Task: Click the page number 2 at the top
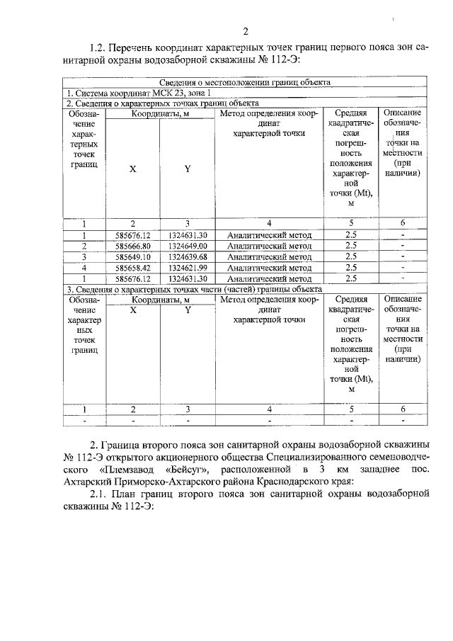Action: [245, 30]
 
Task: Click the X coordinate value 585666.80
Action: [132, 246]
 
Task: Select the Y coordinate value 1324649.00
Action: [188, 246]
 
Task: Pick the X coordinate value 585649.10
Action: [132, 256]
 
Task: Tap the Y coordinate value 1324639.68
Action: [188, 256]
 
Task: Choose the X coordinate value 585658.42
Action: [132, 268]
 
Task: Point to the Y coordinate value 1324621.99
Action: [188, 268]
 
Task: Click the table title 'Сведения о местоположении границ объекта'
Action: [244, 82]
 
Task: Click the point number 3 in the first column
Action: [84, 256]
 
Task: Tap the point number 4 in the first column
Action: [84, 268]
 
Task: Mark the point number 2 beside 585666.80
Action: [84, 246]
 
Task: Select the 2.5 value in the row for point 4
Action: [350, 268]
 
